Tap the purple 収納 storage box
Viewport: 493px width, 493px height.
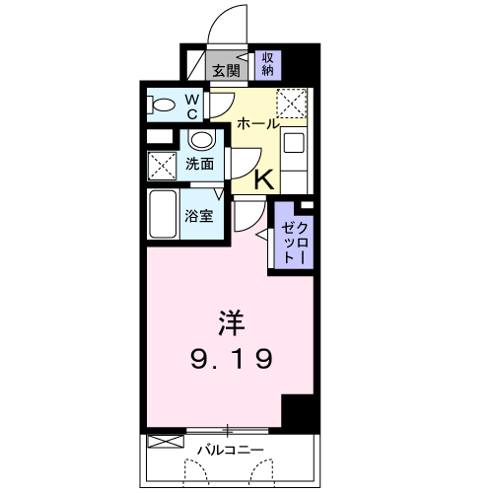pyautogui.click(x=266, y=64)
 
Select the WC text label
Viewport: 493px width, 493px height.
pyautogui.click(x=193, y=105)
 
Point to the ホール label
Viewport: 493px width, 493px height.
pyautogui.click(x=258, y=125)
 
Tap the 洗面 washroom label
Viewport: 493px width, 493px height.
pyautogui.click(x=199, y=164)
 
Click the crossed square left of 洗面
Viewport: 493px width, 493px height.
pyautogui.click(x=160, y=164)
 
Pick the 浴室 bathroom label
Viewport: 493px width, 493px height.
pyautogui.click(x=199, y=216)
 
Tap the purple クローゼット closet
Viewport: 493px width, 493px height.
pyautogui.click(x=292, y=236)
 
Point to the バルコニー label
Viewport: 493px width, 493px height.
pyautogui.click(x=229, y=450)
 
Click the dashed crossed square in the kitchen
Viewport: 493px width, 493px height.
pyautogui.click(x=292, y=104)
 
